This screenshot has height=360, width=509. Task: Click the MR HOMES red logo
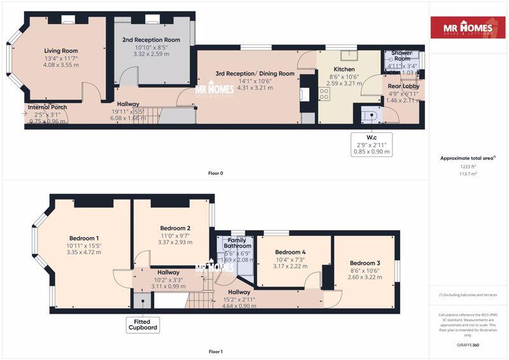(x=469, y=27)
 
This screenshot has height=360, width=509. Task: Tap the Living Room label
(x=61, y=51)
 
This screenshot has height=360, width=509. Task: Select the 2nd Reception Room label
(x=151, y=39)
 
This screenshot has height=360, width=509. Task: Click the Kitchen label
(x=344, y=69)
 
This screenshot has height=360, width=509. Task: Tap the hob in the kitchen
(x=324, y=95)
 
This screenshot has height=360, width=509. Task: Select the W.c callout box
(x=373, y=144)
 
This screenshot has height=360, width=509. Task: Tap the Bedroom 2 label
(x=176, y=228)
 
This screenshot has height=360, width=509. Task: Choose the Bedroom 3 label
(x=365, y=263)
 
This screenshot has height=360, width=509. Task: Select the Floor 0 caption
(x=216, y=173)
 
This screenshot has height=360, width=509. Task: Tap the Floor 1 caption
(x=216, y=351)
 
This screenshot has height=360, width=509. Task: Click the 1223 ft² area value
(x=468, y=166)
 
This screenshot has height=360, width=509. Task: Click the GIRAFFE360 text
(x=468, y=345)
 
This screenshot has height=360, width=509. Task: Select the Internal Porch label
(x=47, y=107)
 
